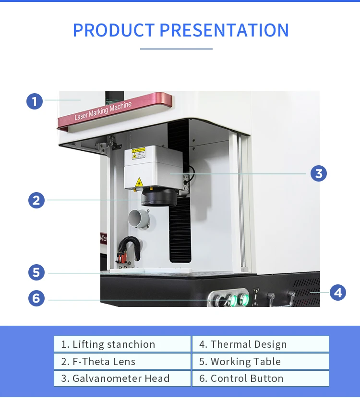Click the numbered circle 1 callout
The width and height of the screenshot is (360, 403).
tap(35, 101)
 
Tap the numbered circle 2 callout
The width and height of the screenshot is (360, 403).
tap(36, 200)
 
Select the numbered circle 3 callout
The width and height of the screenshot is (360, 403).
tap(318, 173)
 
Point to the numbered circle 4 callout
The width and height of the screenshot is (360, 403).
tap(338, 292)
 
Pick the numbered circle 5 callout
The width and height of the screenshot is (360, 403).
tap(36, 273)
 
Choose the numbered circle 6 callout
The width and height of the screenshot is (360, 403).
tap(36, 298)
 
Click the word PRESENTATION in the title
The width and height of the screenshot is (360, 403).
tap(224, 30)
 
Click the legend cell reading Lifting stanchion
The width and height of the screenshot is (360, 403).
tap(122, 344)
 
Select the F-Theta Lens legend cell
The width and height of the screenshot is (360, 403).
tap(122, 361)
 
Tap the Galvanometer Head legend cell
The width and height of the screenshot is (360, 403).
tap(122, 378)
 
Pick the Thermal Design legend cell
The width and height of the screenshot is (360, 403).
tap(260, 344)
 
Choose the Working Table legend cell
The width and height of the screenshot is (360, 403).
tap(260, 361)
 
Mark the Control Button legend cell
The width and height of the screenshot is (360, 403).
tap(260, 378)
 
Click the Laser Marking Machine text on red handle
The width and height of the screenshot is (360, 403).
tap(103, 111)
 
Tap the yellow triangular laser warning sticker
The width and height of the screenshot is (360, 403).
tap(139, 182)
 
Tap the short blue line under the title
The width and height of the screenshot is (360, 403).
tap(176, 49)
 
